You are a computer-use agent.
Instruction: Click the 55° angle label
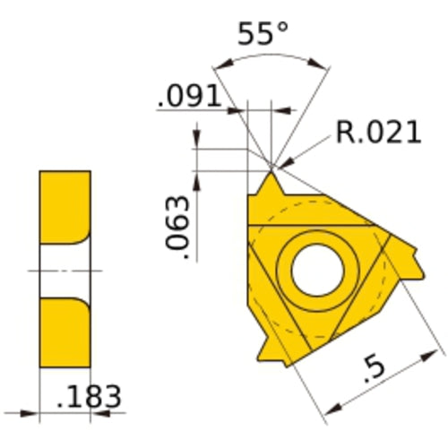pyautogui.click(x=263, y=36)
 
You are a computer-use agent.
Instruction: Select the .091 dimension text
pyautogui.click(x=188, y=97)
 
